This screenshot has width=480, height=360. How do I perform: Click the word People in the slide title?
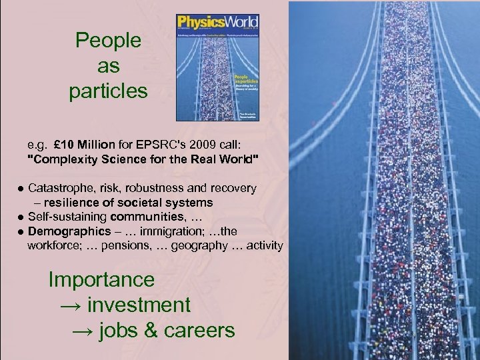click(x=108, y=41)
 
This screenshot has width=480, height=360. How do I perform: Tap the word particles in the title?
click(x=108, y=91)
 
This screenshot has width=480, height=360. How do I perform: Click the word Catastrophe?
click(x=61, y=188)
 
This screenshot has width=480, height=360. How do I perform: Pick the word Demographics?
click(x=69, y=231)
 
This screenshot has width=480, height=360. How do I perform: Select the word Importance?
click(x=101, y=279)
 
